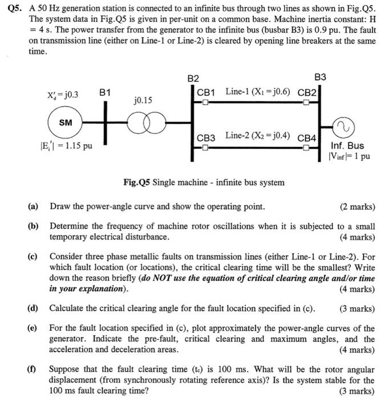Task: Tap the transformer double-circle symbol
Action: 145,123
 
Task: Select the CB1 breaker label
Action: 205,92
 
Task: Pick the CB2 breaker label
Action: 307,92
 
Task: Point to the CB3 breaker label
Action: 205,137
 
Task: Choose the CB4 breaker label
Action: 306,137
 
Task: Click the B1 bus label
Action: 106,92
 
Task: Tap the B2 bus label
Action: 193,78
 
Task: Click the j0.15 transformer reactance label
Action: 143,100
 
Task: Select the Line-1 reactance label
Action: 257,91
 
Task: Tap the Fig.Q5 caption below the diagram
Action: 204,182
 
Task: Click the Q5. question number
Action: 18,12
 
